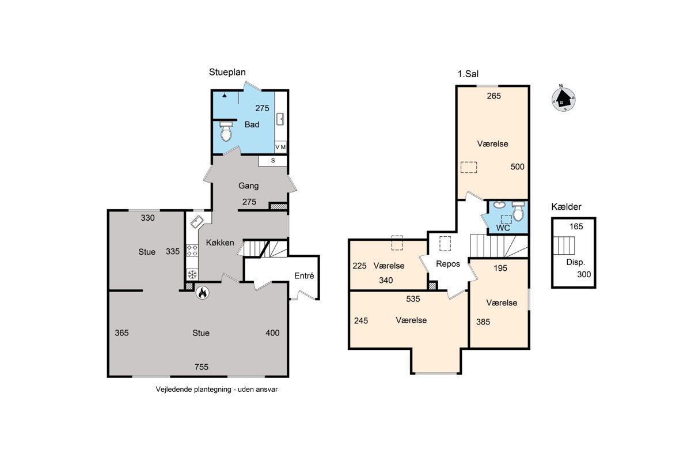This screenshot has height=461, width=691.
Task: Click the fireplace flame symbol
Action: click(x=202, y=293)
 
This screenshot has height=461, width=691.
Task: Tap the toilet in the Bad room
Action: click(x=226, y=131)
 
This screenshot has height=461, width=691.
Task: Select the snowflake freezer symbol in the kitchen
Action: click(x=192, y=274)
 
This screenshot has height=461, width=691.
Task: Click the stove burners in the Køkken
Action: click(x=192, y=251)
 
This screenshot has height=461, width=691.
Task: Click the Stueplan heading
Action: click(x=227, y=72)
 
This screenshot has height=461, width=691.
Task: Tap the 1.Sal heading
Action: click(x=468, y=74)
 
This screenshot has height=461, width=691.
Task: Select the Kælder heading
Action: click(x=566, y=206)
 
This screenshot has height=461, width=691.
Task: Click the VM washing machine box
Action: click(x=280, y=148)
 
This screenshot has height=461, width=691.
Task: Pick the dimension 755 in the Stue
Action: click(x=202, y=367)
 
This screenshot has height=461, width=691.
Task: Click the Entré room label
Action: click(x=304, y=275)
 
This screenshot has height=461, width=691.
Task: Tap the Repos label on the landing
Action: click(x=448, y=264)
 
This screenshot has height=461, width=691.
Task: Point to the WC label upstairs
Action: click(x=503, y=228)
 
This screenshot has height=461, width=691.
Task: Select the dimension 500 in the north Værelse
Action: click(x=517, y=167)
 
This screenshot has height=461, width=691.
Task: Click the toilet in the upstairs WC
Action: click(x=518, y=211)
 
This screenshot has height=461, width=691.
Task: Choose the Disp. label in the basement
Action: click(x=576, y=262)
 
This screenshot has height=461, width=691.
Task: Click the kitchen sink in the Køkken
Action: click(x=197, y=222)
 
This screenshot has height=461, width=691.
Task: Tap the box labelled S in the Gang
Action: click(x=273, y=161)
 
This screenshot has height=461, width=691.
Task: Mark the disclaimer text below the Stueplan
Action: click(x=217, y=390)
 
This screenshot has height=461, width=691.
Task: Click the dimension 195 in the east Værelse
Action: click(x=500, y=268)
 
